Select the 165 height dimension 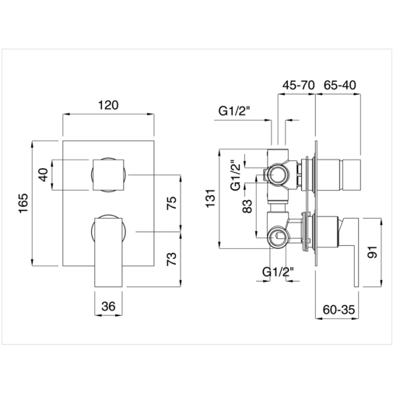point(23,203)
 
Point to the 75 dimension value point(172,203)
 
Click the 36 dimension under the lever point(109,307)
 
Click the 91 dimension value point(373,252)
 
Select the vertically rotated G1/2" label point(233,175)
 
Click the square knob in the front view point(108,174)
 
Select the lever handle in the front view point(110,249)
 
